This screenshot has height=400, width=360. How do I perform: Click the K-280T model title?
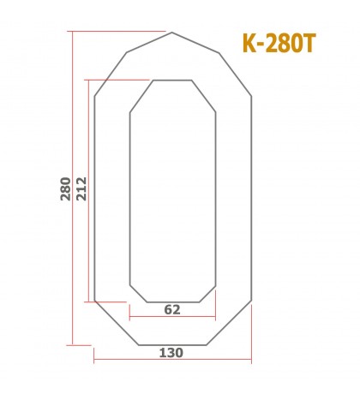coord(279,45)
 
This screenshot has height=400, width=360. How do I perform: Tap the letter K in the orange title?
coord(250,45)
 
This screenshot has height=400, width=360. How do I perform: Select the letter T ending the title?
coord(308,45)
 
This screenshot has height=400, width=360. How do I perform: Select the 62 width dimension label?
coord(171,310)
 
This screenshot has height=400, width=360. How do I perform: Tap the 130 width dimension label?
coord(171,351)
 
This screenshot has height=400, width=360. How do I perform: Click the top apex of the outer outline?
coord(172,33)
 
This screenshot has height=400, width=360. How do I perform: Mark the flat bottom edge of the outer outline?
coord(171,344)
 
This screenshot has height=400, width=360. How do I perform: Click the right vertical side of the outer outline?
coord(251,197)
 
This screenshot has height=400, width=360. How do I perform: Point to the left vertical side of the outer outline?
coord(94,197)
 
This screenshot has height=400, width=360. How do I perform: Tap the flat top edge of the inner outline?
coord(171,81)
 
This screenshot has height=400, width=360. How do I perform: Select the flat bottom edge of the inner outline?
coord(171,302)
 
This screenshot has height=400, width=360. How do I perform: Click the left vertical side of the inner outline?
coord(129,197)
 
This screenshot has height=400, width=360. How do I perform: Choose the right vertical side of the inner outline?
coord(214,197)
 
